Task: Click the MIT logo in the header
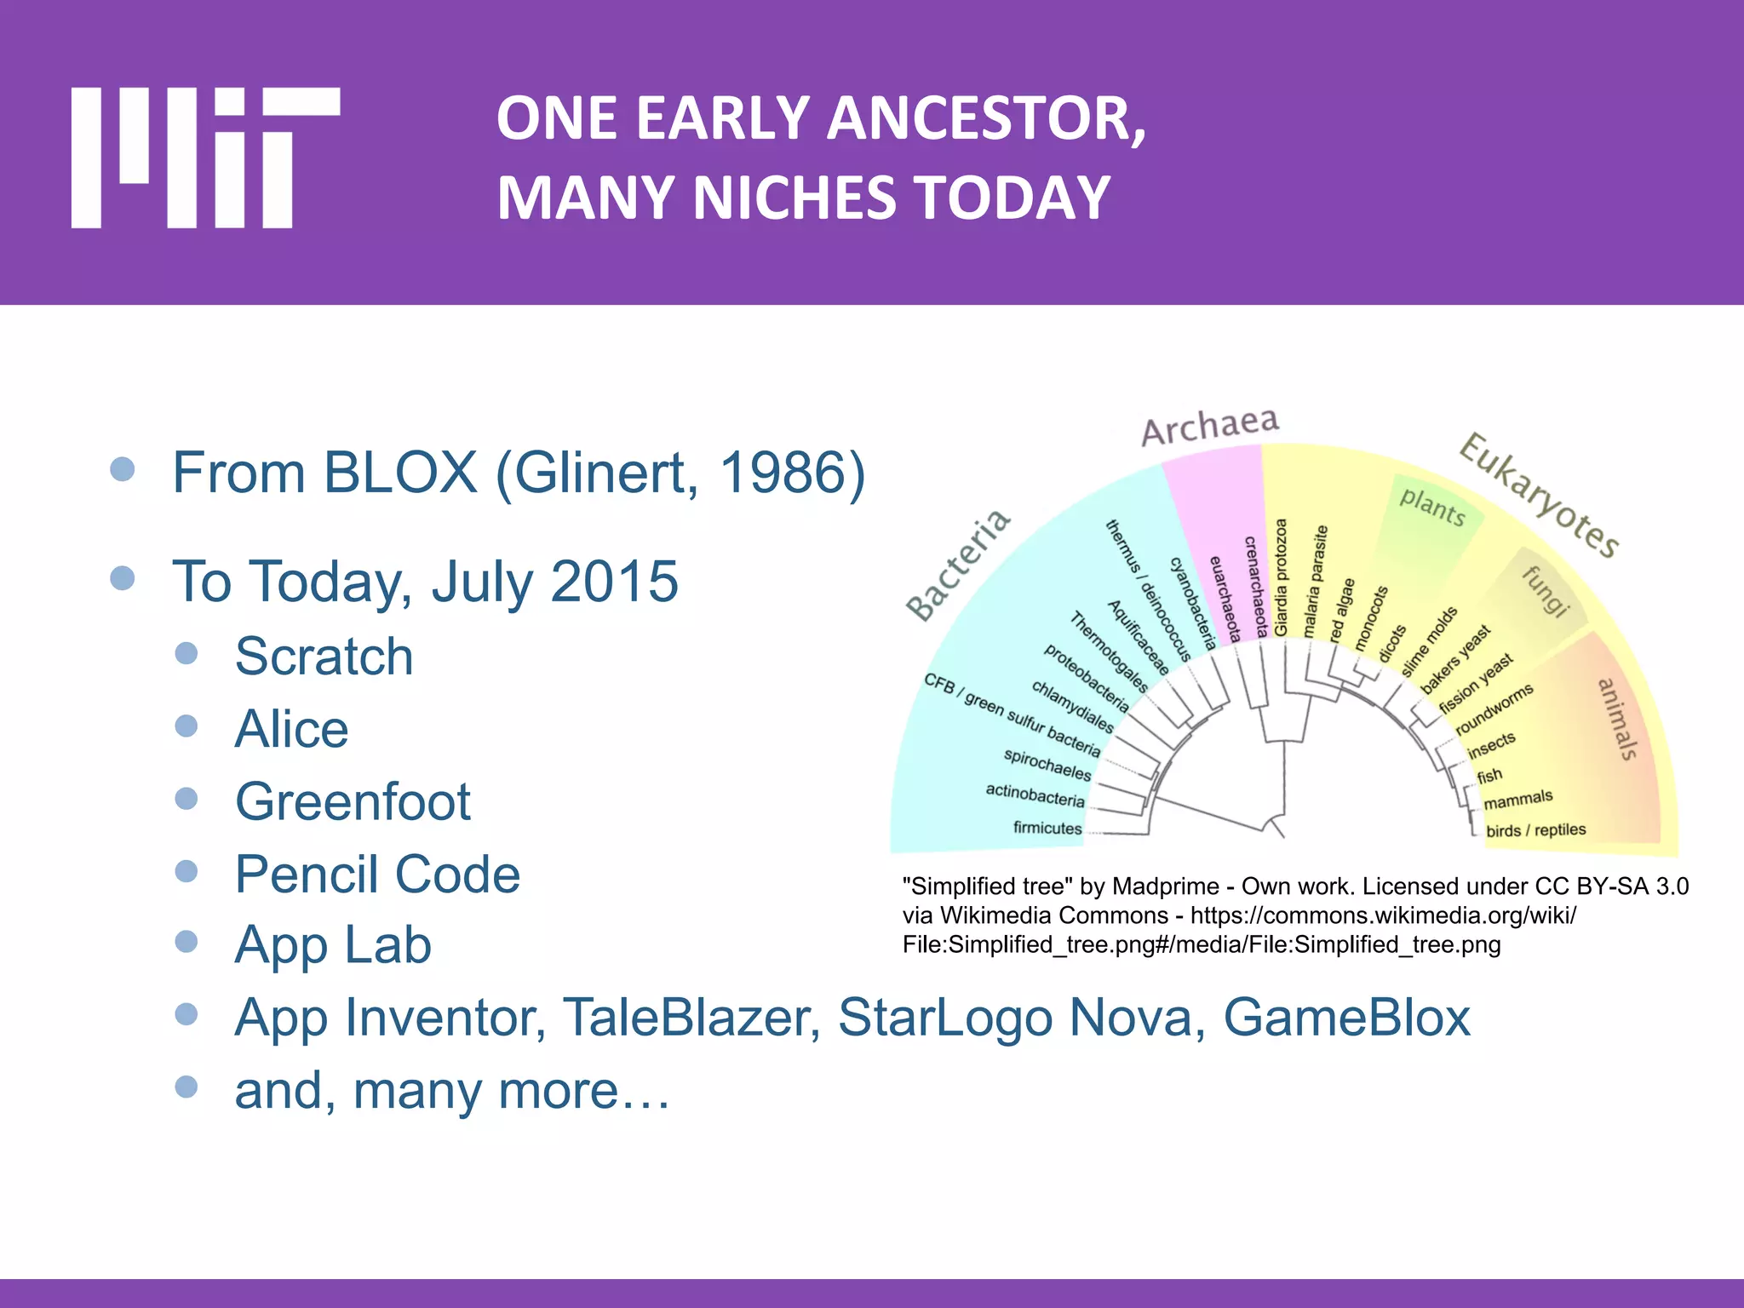(x=204, y=158)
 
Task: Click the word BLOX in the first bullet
(x=400, y=472)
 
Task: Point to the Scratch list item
(x=324, y=656)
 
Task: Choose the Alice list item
(x=291, y=729)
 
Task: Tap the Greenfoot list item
(x=353, y=801)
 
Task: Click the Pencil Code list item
(x=377, y=874)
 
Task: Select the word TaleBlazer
(x=691, y=1017)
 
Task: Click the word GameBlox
(x=1346, y=1017)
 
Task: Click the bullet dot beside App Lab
(x=186, y=942)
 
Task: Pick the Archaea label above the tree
(x=1209, y=426)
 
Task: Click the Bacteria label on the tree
(x=958, y=565)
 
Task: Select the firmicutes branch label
(x=1047, y=828)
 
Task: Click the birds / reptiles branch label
(x=1535, y=829)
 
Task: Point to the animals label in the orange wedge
(x=1617, y=719)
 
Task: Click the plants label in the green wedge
(x=1432, y=508)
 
